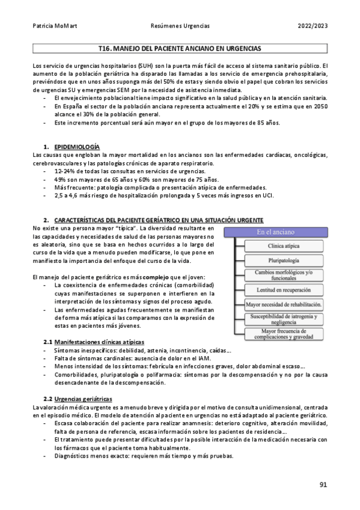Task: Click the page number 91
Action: (x=323, y=485)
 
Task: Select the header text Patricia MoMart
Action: (x=51, y=26)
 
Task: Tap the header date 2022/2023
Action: (x=312, y=26)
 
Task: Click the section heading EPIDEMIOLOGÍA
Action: (x=77, y=147)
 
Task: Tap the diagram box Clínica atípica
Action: (x=284, y=247)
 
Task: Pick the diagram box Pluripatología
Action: (x=284, y=260)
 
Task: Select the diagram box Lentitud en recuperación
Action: (x=284, y=290)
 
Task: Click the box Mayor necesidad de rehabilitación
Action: (x=284, y=304)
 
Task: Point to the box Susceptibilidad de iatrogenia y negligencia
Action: (x=284, y=318)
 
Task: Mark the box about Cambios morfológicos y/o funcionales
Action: (x=284, y=275)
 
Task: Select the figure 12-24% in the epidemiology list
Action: (x=64, y=171)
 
